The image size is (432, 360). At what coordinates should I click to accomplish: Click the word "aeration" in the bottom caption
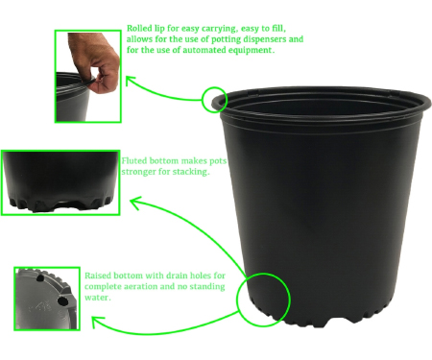141,286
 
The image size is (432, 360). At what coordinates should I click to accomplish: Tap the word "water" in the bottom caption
97,298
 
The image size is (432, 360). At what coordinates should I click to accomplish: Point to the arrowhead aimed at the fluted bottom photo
135,203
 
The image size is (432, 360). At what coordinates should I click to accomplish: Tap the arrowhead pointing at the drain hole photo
97,321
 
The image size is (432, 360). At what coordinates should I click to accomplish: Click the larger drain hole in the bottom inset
62,300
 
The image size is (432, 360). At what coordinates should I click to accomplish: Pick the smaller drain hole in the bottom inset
40,278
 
